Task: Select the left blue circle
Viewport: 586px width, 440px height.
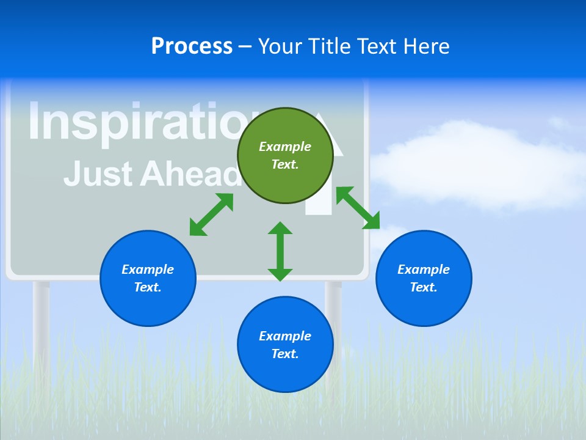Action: click(148, 278)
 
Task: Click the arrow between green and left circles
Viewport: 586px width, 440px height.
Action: click(211, 215)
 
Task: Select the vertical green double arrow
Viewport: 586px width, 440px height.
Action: click(280, 251)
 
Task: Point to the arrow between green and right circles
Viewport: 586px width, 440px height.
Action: click(358, 208)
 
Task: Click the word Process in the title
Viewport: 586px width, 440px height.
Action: click(192, 46)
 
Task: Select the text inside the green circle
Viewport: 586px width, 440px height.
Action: click(285, 155)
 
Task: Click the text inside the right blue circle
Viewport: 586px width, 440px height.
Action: click(423, 278)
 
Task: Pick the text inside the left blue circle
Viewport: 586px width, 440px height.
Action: click(148, 278)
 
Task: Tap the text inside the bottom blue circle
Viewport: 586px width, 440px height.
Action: click(285, 345)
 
